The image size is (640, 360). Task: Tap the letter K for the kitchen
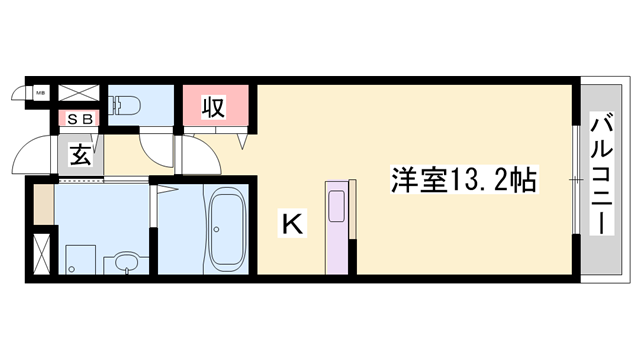290,225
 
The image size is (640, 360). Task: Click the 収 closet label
213,106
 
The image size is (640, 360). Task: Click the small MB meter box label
41,94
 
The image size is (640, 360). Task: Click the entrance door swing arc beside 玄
30,160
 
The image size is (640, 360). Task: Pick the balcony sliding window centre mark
574,177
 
